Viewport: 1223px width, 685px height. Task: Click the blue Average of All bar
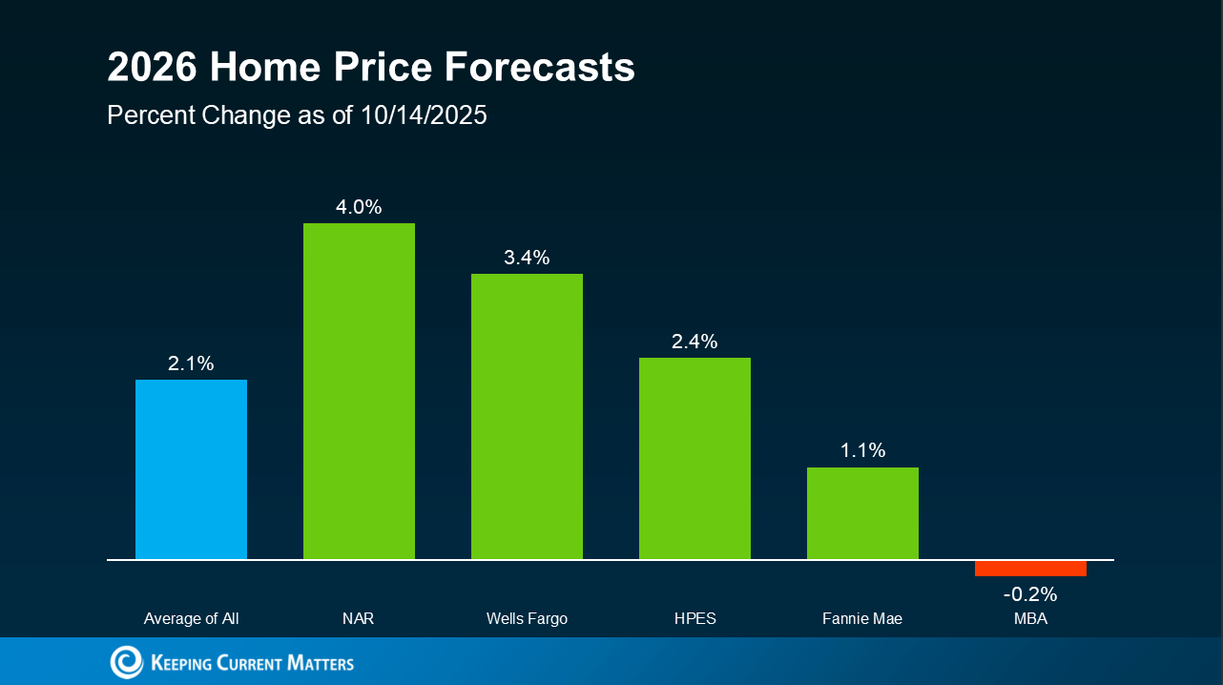tap(191, 469)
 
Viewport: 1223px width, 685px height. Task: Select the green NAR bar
tap(359, 391)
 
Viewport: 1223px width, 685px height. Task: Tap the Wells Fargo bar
tap(527, 417)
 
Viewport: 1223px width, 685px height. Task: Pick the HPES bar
tap(694, 459)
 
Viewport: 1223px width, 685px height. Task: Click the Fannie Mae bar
tap(862, 513)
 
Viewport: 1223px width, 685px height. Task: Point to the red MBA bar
tap(1030, 569)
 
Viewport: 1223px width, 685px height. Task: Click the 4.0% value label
tap(359, 207)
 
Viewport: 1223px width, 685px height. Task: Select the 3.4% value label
tap(527, 257)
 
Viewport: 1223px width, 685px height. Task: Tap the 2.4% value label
tap(694, 342)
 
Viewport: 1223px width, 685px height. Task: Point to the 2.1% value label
tap(191, 363)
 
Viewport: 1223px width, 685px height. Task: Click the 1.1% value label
tap(862, 450)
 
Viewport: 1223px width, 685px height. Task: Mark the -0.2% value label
tap(1030, 593)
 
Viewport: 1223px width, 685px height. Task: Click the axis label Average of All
tap(191, 618)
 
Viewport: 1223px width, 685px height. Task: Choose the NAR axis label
tap(358, 618)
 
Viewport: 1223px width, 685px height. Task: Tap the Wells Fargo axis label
tap(527, 619)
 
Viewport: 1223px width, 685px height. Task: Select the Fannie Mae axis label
tap(862, 618)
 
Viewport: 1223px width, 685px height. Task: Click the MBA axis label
tap(1030, 618)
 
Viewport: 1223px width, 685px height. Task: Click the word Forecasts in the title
tap(539, 67)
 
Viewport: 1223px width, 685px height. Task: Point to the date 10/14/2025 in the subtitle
tap(424, 115)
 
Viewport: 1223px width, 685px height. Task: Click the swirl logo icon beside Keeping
tap(126, 662)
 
